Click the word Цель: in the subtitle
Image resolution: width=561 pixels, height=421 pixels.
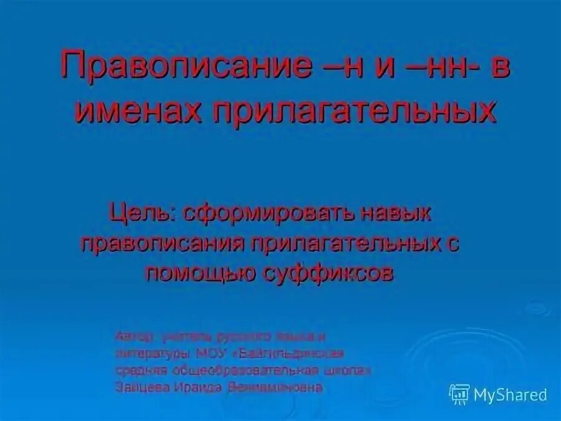[x=142, y=214]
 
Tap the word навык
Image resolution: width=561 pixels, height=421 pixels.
[x=396, y=214]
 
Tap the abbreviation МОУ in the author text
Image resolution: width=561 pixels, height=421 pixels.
[x=215, y=353]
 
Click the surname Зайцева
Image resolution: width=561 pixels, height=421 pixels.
[x=139, y=387]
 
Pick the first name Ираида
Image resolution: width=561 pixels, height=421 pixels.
[x=193, y=387]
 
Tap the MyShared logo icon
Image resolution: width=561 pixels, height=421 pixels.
[x=459, y=394]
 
